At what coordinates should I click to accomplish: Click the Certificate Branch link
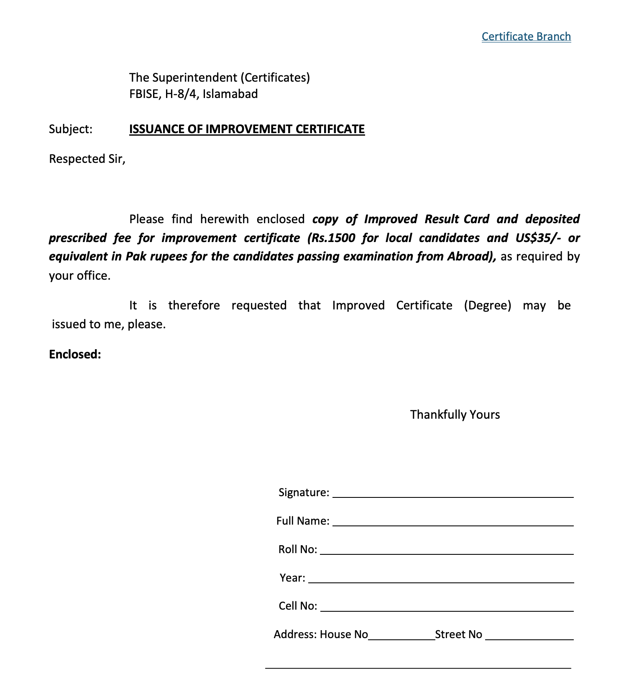tap(526, 37)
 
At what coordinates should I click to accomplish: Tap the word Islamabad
tap(230, 94)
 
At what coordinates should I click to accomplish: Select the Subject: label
tap(71, 129)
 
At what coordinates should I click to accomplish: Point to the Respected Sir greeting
tap(87, 159)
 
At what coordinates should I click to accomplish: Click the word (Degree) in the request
tap(487, 305)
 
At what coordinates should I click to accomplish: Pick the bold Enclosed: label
tap(75, 355)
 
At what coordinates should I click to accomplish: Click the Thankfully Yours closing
tap(455, 415)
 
